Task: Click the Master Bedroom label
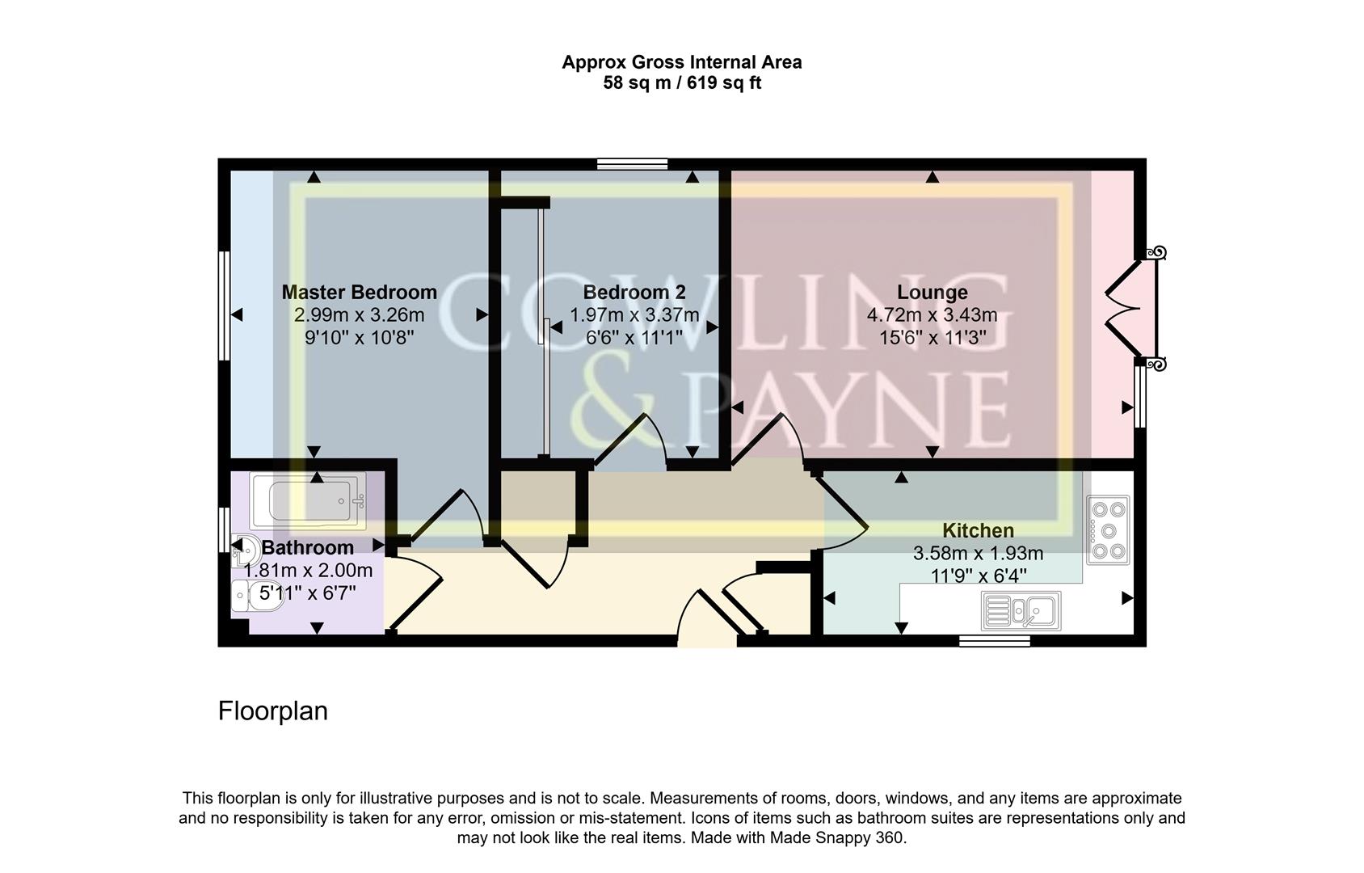(x=359, y=293)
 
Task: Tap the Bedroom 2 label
(x=634, y=293)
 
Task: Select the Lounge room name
(x=932, y=293)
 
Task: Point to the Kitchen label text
(x=978, y=531)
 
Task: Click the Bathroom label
(x=307, y=548)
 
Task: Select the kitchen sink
(x=1021, y=610)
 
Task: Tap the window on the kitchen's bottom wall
(x=994, y=641)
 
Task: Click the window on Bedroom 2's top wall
(x=632, y=164)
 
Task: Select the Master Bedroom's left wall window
(x=225, y=305)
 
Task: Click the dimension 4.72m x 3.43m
(x=932, y=315)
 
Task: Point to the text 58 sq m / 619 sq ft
(x=682, y=83)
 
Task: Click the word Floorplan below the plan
(x=273, y=711)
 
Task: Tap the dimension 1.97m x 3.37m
(x=634, y=315)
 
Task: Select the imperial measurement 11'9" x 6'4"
(x=978, y=576)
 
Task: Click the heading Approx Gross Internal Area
(x=682, y=62)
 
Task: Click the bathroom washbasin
(x=246, y=550)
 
